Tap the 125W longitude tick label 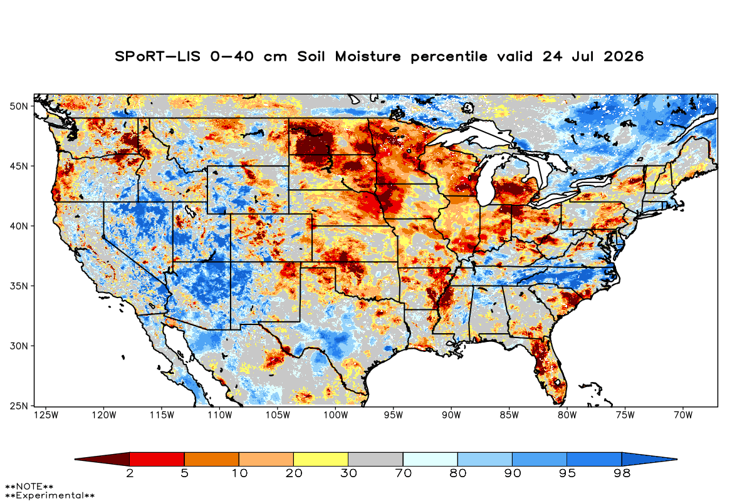[46, 415]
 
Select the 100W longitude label [336, 415]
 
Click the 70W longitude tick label [683, 415]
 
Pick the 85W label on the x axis [509, 415]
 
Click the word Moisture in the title [368, 56]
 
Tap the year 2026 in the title [624, 56]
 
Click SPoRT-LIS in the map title [157, 56]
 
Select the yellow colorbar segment [321, 459]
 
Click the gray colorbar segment [375, 459]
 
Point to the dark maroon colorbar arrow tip [75, 459]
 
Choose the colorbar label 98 [622, 473]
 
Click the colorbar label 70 [403, 473]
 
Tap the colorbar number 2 [130, 473]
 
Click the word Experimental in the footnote [50, 495]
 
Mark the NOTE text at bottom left [29, 486]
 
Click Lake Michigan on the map [487, 181]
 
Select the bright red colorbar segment [157, 459]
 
